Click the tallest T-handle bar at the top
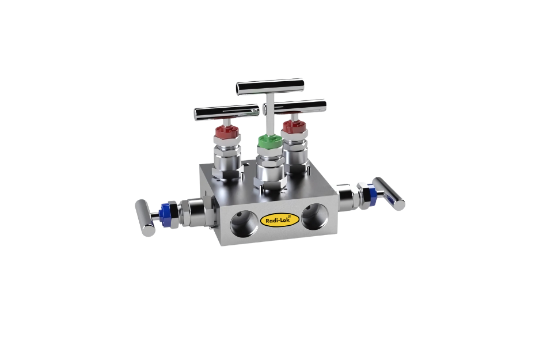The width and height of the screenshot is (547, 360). (x=270, y=87)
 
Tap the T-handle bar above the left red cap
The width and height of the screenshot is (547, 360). (x=226, y=110)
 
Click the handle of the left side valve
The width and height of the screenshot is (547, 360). (x=145, y=217)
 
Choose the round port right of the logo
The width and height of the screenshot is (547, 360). (x=314, y=215)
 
